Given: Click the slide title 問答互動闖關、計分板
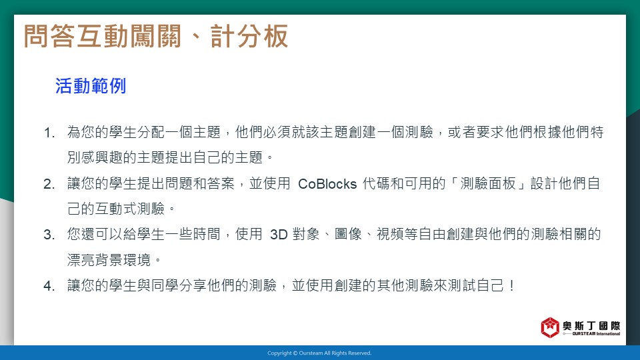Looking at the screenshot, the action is pyautogui.click(x=156, y=36).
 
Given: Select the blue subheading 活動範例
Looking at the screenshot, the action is pyautogui.click(x=91, y=86).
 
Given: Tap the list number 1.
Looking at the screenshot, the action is pyautogui.click(x=49, y=133).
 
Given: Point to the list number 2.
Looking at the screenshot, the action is pyautogui.click(x=49, y=184).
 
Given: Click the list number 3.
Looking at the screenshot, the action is pyautogui.click(x=49, y=235).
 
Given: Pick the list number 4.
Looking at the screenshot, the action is pyautogui.click(x=49, y=286).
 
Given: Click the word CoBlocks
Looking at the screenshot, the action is pyautogui.click(x=327, y=184).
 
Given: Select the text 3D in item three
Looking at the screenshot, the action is pyautogui.click(x=279, y=235).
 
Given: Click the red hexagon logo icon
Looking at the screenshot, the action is pyautogui.click(x=550, y=327).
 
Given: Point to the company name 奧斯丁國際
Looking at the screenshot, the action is pyautogui.click(x=591, y=326).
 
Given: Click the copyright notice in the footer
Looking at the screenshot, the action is pyautogui.click(x=319, y=353).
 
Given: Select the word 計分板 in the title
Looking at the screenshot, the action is pyautogui.click(x=249, y=36).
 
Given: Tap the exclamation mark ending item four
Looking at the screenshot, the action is pyautogui.click(x=512, y=286).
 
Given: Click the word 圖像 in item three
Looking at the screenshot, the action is pyautogui.click(x=348, y=235).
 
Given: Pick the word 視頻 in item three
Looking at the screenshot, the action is pyautogui.click(x=390, y=235).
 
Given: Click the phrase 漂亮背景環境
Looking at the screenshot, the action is pyautogui.click(x=109, y=260).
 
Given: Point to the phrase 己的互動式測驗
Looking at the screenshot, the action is pyautogui.click(x=116, y=209).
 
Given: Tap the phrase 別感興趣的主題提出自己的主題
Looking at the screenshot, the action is pyautogui.click(x=165, y=157).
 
